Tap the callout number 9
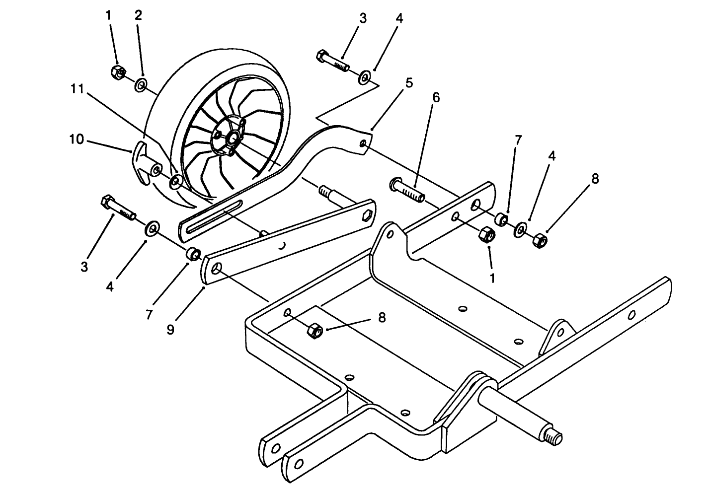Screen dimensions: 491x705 click(170, 329)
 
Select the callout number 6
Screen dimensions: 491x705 click(436, 98)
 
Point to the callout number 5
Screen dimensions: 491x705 click(408, 83)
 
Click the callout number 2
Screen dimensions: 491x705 click(138, 15)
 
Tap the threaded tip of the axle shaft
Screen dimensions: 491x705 click(555, 438)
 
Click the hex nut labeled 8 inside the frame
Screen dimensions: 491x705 click(315, 329)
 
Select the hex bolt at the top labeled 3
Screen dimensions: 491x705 click(333, 60)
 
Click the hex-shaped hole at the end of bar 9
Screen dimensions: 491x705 click(368, 214)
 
